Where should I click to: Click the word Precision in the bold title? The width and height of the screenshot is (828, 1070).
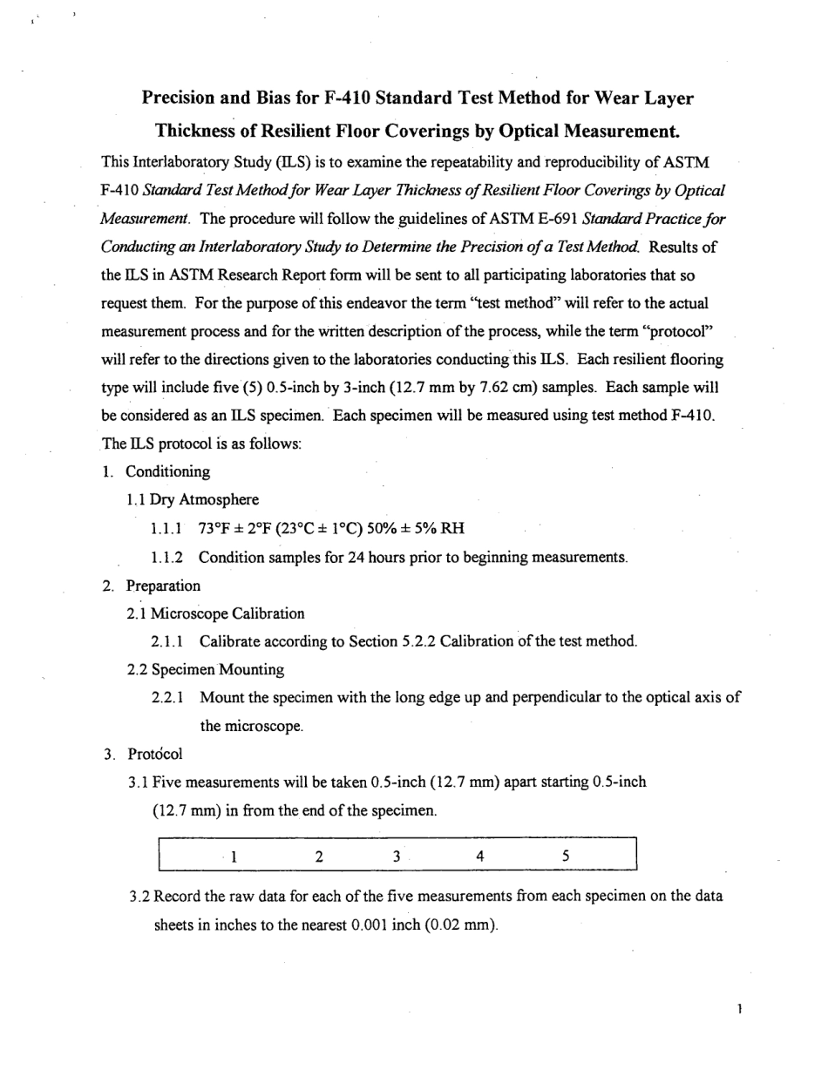pyautogui.click(x=181, y=98)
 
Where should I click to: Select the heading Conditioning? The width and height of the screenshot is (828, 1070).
pyautogui.click(x=167, y=471)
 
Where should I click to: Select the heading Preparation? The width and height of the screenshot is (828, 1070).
pyautogui.click(x=163, y=586)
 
